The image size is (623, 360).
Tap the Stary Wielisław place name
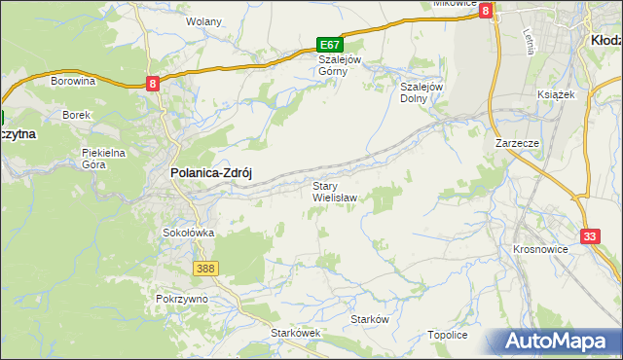pos(335,191)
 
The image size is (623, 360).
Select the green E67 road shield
pos(330,45)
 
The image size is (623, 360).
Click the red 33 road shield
pos(590,236)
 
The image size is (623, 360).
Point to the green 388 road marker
pos(204,268)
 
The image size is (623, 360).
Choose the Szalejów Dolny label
pos(421,91)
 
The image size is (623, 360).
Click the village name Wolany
pos(204,21)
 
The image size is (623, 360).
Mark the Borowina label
pos(73,82)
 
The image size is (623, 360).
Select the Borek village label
pos(76,115)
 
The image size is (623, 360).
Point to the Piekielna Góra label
pos(104,159)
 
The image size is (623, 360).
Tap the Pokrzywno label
pos(182,299)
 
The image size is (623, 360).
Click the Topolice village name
pos(448,335)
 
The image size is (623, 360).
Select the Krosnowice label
pos(539,249)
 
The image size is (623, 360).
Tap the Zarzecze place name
pos(517,143)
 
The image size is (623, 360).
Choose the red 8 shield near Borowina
pos(154,84)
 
